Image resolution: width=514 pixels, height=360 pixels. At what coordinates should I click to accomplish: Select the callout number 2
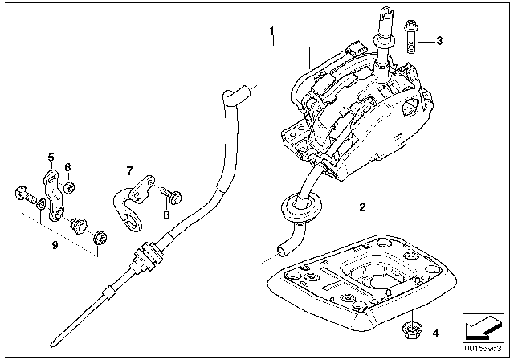362,207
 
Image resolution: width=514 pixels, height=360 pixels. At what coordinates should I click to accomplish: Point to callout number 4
434,330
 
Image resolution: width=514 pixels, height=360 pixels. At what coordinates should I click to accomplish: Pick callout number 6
67,167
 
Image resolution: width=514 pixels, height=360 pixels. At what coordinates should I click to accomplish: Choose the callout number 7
127,170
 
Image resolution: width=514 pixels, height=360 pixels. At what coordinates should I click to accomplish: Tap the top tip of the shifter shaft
383,14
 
